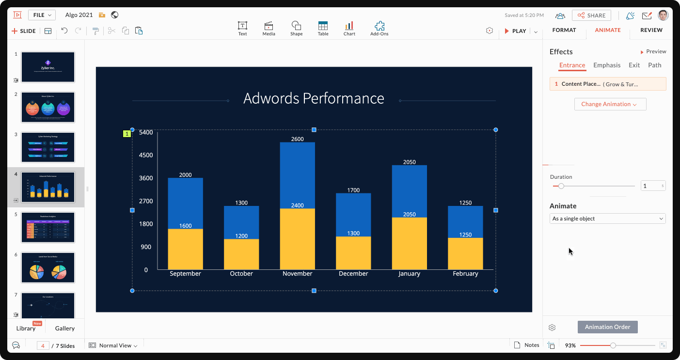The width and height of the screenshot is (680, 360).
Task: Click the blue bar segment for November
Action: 297,174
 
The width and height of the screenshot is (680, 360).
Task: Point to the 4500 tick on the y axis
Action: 146,156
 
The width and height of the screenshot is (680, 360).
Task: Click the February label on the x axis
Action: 465,274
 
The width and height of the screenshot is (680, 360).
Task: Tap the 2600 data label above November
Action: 297,139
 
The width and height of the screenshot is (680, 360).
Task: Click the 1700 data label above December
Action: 353,190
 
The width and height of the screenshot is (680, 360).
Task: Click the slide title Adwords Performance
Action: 314,98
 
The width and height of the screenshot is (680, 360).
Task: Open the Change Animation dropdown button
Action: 610,104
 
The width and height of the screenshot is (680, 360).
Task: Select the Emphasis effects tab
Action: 606,65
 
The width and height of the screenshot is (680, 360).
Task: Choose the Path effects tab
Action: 654,65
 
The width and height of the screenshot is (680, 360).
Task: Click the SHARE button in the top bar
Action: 591,16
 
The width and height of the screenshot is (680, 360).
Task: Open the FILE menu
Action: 42,15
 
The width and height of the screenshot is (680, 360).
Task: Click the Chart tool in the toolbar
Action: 349,29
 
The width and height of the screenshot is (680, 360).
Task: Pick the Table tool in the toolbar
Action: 323,29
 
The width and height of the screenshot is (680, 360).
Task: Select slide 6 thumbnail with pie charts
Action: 48,267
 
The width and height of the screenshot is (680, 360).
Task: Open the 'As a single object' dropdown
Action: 607,219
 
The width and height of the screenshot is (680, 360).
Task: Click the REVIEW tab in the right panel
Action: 651,30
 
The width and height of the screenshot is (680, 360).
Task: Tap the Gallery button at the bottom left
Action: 65,329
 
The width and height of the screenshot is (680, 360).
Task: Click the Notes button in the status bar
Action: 527,345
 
